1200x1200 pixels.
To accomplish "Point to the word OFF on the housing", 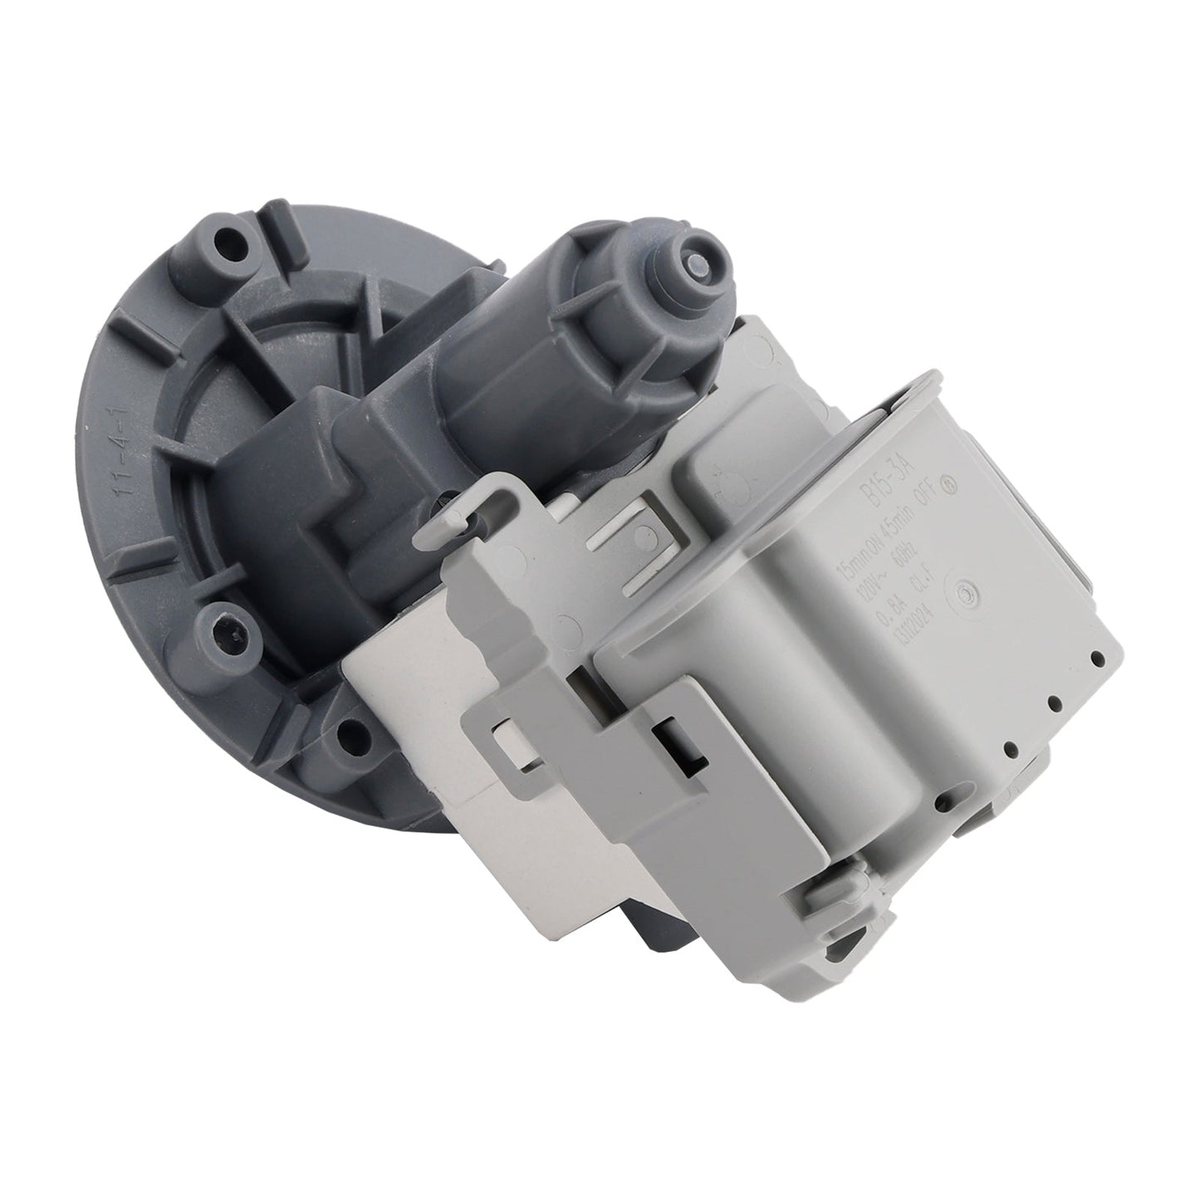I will pos(928,492).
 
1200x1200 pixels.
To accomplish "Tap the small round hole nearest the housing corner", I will pos(1099,660).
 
